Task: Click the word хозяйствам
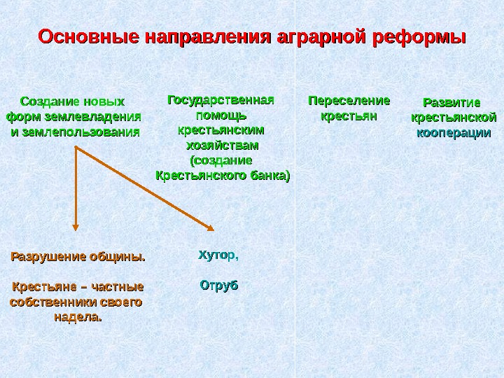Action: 221,146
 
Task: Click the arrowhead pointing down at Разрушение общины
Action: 76,225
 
